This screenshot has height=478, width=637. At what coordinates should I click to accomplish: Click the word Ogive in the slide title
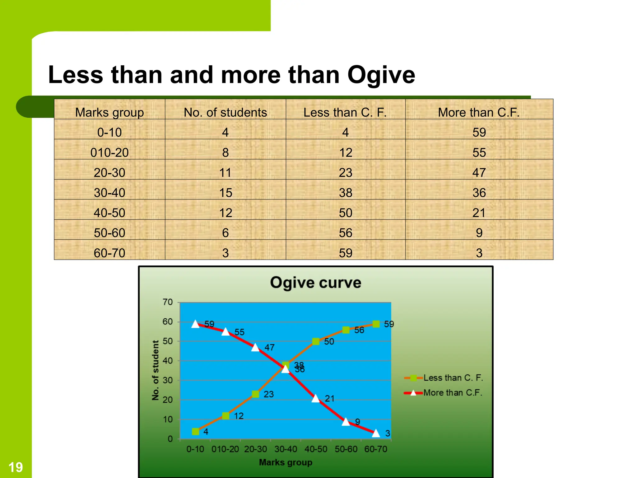[381, 75]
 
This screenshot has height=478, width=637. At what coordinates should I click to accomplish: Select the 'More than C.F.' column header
[479, 112]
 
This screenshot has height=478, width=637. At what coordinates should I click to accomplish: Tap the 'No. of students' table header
[225, 112]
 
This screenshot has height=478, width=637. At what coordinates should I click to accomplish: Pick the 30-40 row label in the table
[109, 193]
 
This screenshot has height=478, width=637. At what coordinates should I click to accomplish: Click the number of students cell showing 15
[226, 193]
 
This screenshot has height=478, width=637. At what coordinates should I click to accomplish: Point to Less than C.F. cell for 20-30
[345, 173]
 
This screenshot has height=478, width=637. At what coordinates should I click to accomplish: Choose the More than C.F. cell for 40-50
[479, 213]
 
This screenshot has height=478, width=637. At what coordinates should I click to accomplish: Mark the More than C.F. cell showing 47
[479, 173]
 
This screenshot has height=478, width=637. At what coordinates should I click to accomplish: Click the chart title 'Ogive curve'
[315, 283]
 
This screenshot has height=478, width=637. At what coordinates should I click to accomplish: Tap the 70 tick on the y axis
[168, 302]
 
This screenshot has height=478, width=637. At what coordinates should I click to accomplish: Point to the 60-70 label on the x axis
[376, 449]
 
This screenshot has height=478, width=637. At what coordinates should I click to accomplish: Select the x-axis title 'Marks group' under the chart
[286, 462]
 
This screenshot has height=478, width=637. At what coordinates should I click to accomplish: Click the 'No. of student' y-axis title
[156, 370]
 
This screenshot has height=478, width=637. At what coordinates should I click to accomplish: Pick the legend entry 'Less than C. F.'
[453, 378]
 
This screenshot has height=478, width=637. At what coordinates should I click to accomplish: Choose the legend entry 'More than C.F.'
[453, 393]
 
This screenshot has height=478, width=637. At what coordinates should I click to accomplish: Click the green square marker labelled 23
[255, 394]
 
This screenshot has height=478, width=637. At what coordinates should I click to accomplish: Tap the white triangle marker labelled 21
[316, 398]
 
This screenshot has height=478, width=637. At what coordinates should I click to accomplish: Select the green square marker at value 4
[196, 431]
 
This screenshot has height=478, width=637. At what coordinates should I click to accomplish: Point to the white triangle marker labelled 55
[226, 332]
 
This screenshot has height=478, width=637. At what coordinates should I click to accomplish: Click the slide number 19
[16, 467]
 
